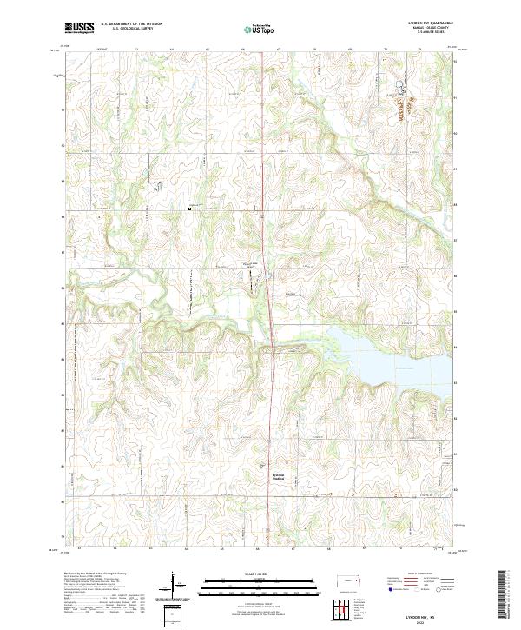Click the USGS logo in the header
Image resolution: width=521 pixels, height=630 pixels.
coord(79,28)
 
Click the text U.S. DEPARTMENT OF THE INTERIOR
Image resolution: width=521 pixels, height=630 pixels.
coord(129,24)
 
